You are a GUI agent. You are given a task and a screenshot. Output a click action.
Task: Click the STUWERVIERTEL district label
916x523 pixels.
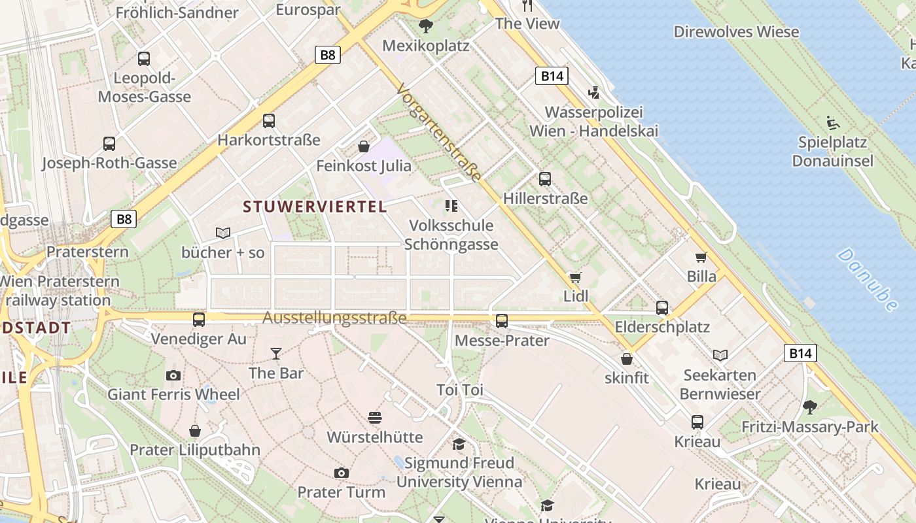(315, 207)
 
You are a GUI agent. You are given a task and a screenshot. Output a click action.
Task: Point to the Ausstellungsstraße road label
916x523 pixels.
(334, 318)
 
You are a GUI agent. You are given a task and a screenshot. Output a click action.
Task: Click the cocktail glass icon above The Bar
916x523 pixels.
(276, 354)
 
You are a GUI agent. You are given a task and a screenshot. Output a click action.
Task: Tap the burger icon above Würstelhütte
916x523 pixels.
(375, 418)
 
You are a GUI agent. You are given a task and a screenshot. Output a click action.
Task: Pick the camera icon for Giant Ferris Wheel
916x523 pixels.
(173, 375)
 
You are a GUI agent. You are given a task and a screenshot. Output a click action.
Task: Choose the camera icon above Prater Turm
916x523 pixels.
(341, 473)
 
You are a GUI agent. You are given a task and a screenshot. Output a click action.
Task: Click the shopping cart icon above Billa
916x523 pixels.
(701, 257)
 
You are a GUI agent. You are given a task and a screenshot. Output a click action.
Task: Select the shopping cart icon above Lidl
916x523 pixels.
(576, 277)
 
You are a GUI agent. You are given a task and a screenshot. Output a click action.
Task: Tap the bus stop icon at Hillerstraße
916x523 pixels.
(545, 178)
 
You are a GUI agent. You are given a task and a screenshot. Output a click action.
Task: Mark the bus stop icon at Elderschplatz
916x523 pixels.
(662, 307)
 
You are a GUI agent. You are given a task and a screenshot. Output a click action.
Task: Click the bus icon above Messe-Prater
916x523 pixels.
(502, 320)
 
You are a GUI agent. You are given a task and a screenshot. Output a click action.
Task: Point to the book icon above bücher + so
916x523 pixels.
(223, 233)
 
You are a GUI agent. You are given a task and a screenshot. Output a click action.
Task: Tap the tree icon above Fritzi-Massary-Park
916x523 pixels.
(810, 407)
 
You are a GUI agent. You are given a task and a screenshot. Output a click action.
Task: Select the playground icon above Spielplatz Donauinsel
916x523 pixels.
(833, 122)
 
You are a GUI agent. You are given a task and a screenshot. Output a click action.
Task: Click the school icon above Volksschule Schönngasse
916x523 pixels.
(451, 206)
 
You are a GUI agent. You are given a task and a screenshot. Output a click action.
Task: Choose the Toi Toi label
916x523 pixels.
(460, 390)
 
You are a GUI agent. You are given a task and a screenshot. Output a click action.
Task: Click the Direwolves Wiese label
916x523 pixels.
(736, 31)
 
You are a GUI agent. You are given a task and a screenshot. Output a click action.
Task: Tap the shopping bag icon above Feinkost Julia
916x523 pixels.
(364, 146)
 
